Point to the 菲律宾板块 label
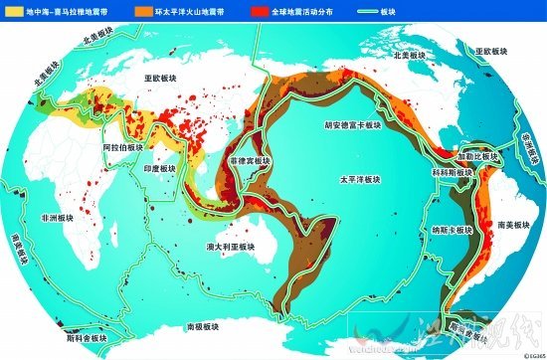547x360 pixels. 250,160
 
